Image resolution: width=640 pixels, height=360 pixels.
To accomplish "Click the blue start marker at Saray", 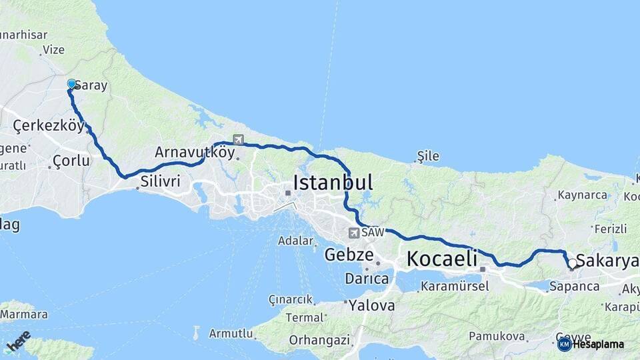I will [x=71, y=84].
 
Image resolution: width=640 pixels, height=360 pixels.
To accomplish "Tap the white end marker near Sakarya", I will [x=572, y=263].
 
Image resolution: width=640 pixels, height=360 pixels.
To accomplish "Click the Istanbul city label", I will [x=333, y=182].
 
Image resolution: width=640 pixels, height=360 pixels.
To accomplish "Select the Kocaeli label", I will [x=442, y=259].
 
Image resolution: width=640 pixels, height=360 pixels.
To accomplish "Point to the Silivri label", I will [x=161, y=181].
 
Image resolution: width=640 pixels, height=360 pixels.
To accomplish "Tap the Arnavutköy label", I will [x=194, y=151].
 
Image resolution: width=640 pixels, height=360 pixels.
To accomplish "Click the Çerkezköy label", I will [x=49, y=125].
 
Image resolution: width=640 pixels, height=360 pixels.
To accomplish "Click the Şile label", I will [x=427, y=156].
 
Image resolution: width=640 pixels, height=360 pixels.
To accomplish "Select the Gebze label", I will [x=349, y=255].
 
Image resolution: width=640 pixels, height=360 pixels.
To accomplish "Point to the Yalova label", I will [x=371, y=306].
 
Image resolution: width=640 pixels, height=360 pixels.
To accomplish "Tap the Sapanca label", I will [x=574, y=287].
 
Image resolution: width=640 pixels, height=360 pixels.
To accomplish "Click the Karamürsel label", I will [x=454, y=287].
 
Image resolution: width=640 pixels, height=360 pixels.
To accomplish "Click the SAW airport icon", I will [x=353, y=233].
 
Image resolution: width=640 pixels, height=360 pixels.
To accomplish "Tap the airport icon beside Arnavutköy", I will [x=238, y=140].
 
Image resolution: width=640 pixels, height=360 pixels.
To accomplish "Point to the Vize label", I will [x=53, y=49].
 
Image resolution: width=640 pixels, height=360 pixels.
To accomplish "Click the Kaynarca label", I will [x=581, y=195].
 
